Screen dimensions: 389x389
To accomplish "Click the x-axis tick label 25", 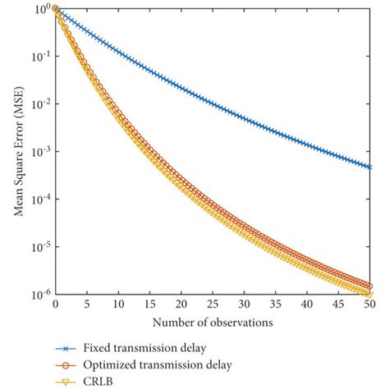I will (x=213, y=304).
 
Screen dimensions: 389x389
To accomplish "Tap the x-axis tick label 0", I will (x=55, y=304).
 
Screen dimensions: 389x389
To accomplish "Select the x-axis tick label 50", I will (x=369, y=304).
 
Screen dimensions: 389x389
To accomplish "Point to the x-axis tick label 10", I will (x=118, y=304).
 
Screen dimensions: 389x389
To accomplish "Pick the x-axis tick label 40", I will (x=307, y=304).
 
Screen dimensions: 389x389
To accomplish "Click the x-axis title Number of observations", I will (x=212, y=321).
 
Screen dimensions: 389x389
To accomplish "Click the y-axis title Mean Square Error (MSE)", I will (x=17, y=152).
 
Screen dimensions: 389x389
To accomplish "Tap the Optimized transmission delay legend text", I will (x=156, y=362).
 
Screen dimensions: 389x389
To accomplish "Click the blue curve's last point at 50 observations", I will (x=369, y=167).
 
